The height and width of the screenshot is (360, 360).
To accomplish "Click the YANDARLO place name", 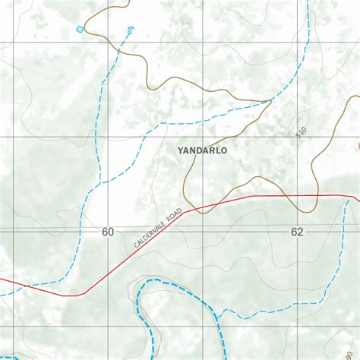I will (x=201, y=150).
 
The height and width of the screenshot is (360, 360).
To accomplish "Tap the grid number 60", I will (x=107, y=232).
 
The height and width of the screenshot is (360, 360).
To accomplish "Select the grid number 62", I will (x=296, y=232).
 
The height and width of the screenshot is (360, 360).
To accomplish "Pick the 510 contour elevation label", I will (x=302, y=132).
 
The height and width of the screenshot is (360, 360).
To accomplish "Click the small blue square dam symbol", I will (x=80, y=29).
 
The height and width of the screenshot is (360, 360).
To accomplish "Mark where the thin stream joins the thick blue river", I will (x=216, y=316).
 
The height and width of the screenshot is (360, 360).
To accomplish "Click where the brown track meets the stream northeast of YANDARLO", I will (x=270, y=100).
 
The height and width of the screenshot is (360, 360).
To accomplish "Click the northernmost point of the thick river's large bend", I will (x=163, y=281).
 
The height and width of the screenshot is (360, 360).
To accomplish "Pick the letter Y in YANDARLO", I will (x=180, y=150).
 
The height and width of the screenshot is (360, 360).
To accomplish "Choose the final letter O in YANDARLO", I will (x=223, y=150).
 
